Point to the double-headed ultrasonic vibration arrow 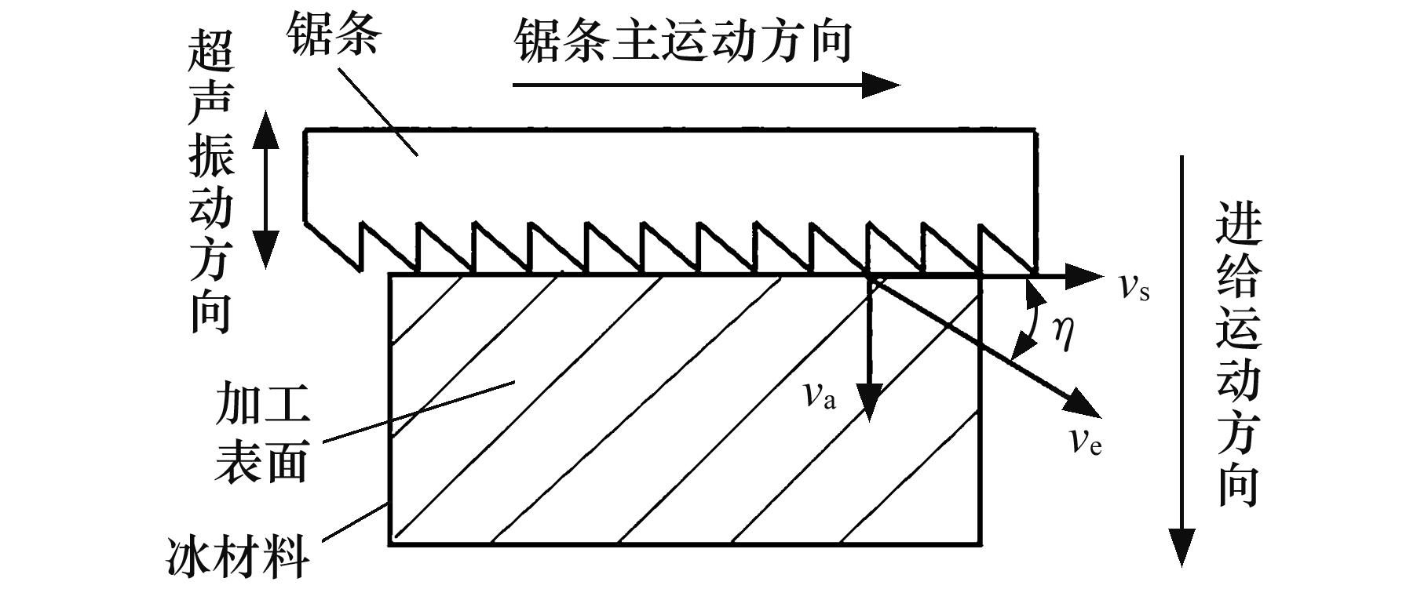tap(265, 189)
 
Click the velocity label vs tap(1134, 288)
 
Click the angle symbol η tap(1062, 333)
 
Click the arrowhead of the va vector tap(870, 404)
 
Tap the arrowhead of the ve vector tap(1083, 404)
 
